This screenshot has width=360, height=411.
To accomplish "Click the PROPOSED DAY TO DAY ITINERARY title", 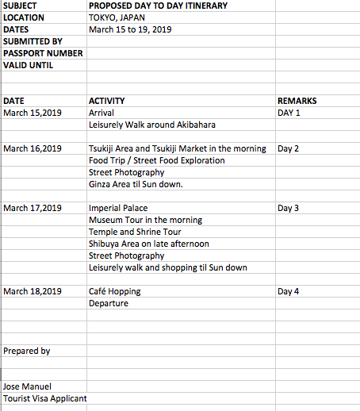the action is coord(158,6).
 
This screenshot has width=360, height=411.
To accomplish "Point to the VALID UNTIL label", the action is coord(29,65).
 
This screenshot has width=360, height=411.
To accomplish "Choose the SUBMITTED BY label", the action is coord(33,41).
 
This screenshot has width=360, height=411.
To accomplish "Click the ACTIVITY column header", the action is coord(107,101).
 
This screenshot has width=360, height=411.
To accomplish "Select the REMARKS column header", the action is coord(297,101).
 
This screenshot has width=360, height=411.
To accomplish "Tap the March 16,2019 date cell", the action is coord(33,148).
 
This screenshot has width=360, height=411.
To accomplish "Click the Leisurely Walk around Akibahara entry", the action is coord(152,125).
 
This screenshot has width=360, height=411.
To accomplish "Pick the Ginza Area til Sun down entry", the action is coord(136,184).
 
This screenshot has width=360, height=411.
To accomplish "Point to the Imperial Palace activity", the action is coord(118,208).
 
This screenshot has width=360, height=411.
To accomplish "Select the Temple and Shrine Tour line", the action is coord(135,232).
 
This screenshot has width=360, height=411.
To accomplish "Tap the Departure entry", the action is coord(109,303).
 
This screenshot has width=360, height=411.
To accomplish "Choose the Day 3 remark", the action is coord(289,208).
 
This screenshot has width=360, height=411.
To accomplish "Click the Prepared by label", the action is coord(27,351).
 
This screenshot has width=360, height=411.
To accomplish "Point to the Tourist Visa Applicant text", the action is coord(44,398).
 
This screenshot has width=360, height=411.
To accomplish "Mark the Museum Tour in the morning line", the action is coord(145,220).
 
